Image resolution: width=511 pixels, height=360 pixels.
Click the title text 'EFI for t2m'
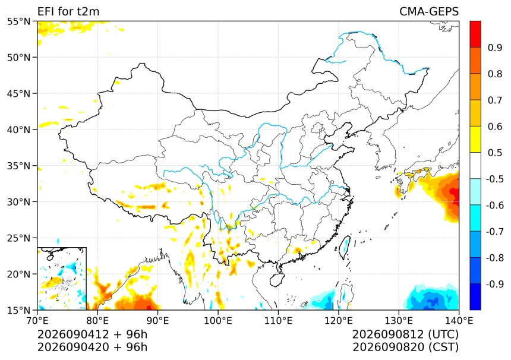pyautogui.click(x=68, y=11)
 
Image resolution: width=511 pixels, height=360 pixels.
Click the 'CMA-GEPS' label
pyautogui.click(x=429, y=11)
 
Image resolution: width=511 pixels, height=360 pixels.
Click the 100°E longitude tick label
pyautogui.click(x=218, y=321)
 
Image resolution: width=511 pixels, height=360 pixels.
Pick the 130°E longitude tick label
pyautogui.click(x=399, y=321)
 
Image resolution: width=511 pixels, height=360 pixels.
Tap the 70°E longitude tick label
pyautogui.click(x=37, y=321)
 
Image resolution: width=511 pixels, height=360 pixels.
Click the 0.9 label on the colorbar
pyautogui.click(x=495, y=48)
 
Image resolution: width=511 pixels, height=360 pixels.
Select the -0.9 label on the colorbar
pyautogui.click(x=495, y=284)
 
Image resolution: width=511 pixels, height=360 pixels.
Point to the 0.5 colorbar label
pyautogui.click(x=495, y=153)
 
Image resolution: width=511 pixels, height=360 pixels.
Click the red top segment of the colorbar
pyautogui.click(x=475, y=34)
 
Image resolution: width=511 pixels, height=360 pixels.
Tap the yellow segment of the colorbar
pyautogui.click(x=475, y=140)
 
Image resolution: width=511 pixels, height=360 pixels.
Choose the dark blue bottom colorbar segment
pyautogui.click(x=475, y=297)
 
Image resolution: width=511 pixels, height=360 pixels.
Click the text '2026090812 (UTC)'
pyautogui.click(x=405, y=334)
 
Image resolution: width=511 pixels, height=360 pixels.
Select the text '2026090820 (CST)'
pyautogui.click(x=405, y=347)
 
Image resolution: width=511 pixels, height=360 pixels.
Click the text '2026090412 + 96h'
pyautogui.click(x=92, y=334)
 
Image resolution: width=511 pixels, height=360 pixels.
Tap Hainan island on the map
pyautogui.click(x=277, y=280)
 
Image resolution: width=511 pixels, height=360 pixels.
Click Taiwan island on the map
pyautogui.click(x=345, y=247)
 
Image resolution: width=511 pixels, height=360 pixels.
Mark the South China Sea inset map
pyautogui.click(x=62, y=279)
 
